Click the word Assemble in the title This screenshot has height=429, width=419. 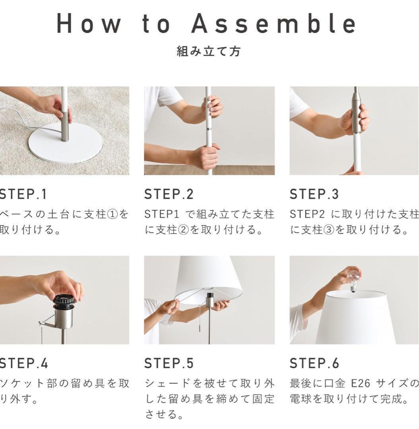click(x=274, y=23)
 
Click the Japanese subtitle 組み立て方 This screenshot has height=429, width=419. click(x=209, y=51)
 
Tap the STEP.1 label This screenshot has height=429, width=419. click(x=23, y=194)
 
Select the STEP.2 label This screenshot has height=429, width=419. click(x=169, y=194)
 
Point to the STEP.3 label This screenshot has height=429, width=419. click(x=314, y=194)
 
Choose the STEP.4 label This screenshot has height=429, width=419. click(x=24, y=363)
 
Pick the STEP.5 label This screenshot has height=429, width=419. click(x=169, y=363)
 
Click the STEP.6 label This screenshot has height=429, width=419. click(x=314, y=363)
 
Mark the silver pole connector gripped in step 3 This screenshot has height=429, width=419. click(x=357, y=115)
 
